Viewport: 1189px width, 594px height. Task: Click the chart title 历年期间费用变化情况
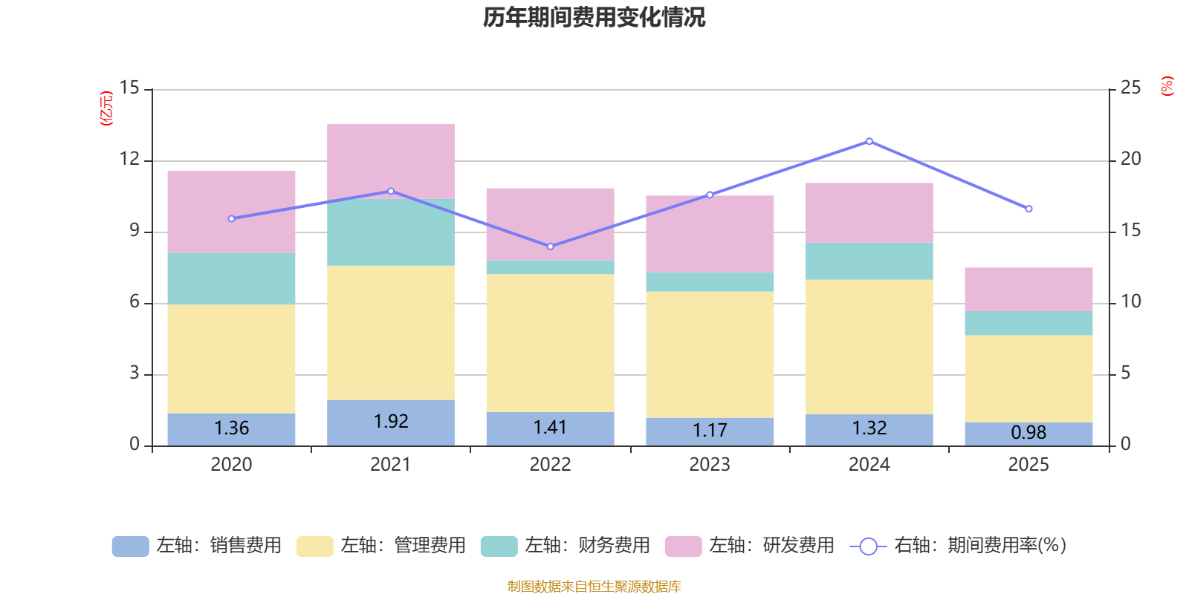594,17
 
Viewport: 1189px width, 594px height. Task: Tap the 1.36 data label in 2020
231,428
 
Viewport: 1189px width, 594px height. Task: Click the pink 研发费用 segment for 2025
1028,289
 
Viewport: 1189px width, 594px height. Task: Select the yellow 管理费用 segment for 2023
710,354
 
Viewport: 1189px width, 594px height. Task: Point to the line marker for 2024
869,141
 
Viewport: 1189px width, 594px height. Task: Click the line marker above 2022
550,247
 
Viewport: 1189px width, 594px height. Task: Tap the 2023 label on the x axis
710,465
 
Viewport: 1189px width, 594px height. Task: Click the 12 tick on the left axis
129,159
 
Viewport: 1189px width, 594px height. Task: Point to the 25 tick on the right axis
1130,88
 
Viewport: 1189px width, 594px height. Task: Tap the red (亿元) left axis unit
107,108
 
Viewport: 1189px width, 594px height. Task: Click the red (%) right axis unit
1167,86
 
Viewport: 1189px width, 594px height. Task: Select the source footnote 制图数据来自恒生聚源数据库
594,587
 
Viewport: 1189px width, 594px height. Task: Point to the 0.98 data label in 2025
1028,432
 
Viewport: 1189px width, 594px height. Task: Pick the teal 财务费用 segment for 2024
869,261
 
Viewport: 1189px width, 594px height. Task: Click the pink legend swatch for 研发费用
683,546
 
